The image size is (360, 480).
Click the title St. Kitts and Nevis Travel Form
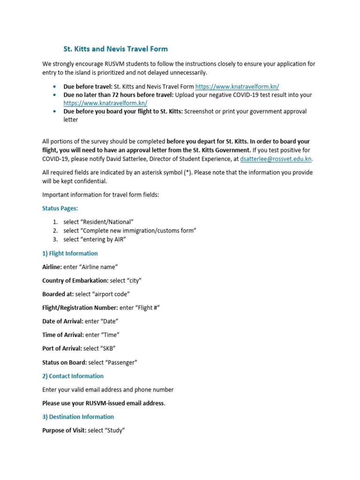point(115,49)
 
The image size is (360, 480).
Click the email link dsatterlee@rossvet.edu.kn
point(276,159)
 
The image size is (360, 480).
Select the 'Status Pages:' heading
point(60,208)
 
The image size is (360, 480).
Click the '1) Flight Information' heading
point(70,254)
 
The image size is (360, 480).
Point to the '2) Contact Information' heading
point(73,376)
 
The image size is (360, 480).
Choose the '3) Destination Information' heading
point(78,417)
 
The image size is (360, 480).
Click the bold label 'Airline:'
point(52,267)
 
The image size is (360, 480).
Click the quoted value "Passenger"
point(121,362)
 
